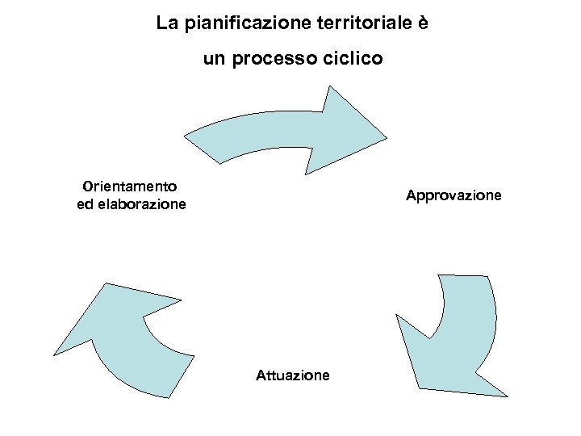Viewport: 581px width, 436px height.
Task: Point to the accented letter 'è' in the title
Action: (x=422, y=23)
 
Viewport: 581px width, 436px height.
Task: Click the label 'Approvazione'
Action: (x=454, y=195)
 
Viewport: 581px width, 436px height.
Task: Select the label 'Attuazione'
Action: (x=292, y=375)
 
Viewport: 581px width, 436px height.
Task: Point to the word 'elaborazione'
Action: (x=142, y=204)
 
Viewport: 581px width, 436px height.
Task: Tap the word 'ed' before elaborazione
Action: (x=85, y=204)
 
